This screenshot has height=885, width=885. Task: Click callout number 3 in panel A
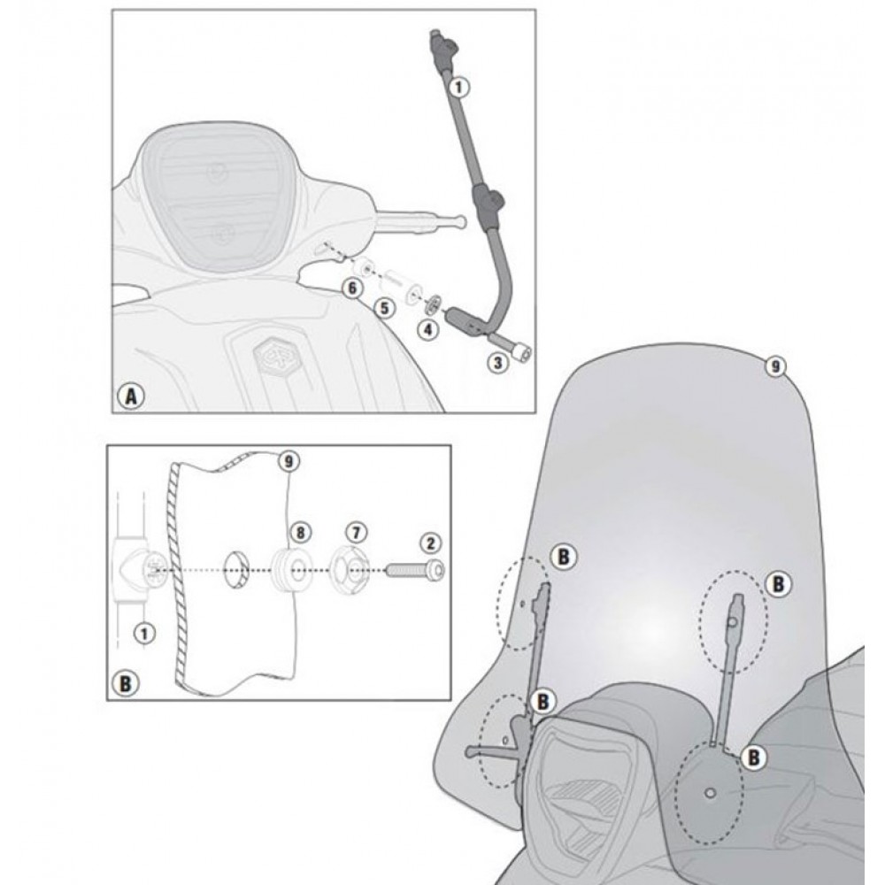497,362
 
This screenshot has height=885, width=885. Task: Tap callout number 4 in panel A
428,329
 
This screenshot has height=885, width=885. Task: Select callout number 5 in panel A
385,308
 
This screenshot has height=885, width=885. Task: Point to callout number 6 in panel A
353,289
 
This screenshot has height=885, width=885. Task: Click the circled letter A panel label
131,396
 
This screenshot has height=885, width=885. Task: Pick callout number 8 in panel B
300,532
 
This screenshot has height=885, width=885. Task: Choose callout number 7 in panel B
356,532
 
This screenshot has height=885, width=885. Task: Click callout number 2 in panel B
431,543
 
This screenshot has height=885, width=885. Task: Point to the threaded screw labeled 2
415,569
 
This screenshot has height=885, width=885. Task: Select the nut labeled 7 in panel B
350,568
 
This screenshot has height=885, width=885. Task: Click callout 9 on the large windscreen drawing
775,367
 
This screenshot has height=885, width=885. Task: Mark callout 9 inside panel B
289,462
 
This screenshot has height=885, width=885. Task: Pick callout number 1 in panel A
458,88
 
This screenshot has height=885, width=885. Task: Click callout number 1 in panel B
144,634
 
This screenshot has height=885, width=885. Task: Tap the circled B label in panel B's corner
126,684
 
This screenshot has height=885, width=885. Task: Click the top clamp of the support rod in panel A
443,50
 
